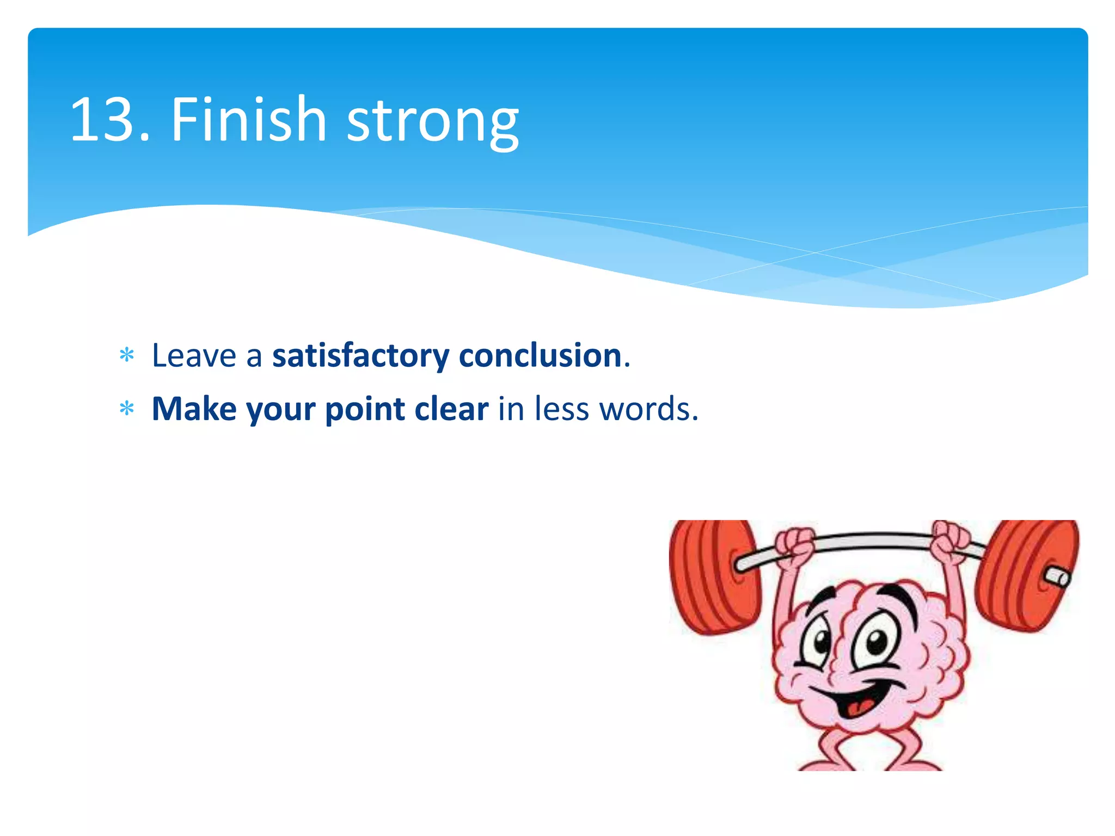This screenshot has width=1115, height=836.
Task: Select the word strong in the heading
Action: click(x=433, y=122)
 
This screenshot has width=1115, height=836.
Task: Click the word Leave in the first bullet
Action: click(x=194, y=356)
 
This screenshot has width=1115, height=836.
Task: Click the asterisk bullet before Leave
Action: click(x=127, y=356)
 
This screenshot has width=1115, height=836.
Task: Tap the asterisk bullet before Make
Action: click(x=127, y=409)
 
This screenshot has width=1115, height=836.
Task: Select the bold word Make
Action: click(x=194, y=409)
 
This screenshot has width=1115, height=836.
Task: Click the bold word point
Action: click(x=365, y=409)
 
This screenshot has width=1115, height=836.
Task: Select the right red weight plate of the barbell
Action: click(x=1026, y=574)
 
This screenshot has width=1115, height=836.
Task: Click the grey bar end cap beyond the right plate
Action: click(x=1059, y=577)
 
